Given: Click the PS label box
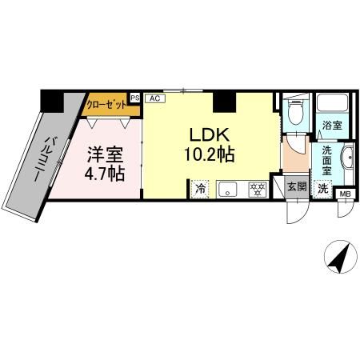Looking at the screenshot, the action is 135,98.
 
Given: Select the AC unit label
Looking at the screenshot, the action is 155,98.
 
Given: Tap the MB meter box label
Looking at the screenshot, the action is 346,194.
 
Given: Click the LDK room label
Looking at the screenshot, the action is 210,135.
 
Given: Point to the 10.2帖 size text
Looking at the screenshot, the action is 210,154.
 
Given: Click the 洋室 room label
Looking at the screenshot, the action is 105,154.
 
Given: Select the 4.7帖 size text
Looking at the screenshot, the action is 105,174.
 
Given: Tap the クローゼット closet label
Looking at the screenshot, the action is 106,105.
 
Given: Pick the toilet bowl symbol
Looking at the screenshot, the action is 295,113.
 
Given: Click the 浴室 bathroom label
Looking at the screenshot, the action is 332,126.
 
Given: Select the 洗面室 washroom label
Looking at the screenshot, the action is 326,161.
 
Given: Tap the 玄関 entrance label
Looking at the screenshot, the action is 297,187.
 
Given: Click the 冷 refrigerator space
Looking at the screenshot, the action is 200,189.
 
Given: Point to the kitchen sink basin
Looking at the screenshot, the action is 227,190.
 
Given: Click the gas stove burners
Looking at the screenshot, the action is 258,190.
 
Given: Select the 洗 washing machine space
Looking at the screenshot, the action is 323,189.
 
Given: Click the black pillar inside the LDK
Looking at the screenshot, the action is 225,102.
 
